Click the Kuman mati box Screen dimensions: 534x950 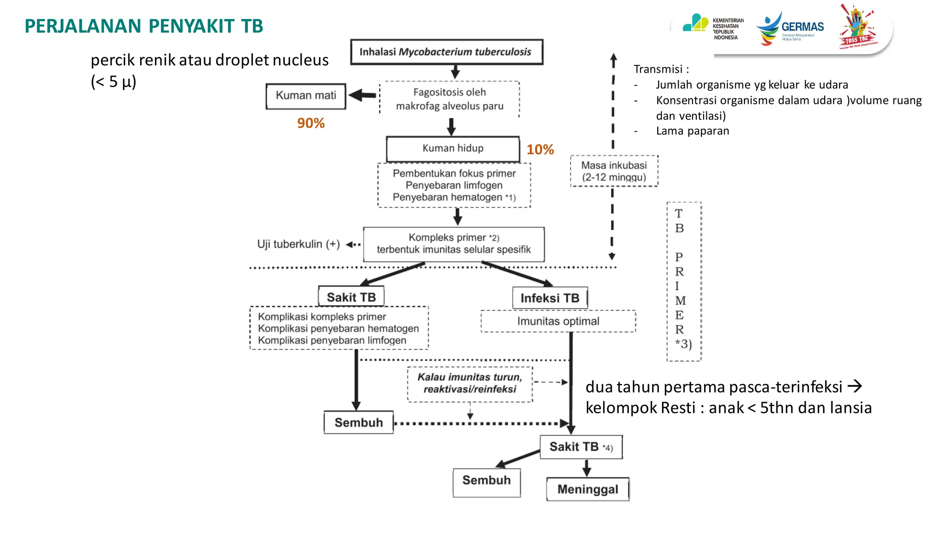click(306, 96)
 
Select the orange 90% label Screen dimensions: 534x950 click(311, 123)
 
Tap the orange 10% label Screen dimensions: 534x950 click(540, 150)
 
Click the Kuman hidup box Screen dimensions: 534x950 click(453, 149)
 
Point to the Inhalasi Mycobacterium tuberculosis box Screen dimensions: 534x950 click(446, 52)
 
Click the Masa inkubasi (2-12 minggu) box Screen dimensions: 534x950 click(614, 171)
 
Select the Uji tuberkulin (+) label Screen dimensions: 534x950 click(298, 244)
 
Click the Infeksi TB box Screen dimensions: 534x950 click(550, 298)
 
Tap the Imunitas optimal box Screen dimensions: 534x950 click(558, 321)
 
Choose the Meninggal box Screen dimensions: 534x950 click(587, 489)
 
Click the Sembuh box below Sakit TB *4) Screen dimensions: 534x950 click(486, 481)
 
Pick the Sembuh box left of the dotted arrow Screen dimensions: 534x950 click(359, 423)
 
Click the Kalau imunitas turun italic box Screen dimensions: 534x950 click(470, 383)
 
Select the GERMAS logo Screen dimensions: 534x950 click(790, 29)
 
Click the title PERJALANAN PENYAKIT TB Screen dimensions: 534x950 click(144, 26)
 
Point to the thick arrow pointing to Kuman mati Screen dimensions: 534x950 click(362, 95)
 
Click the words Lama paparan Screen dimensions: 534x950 click(692, 131)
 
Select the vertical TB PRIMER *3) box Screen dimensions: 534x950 click(683, 281)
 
